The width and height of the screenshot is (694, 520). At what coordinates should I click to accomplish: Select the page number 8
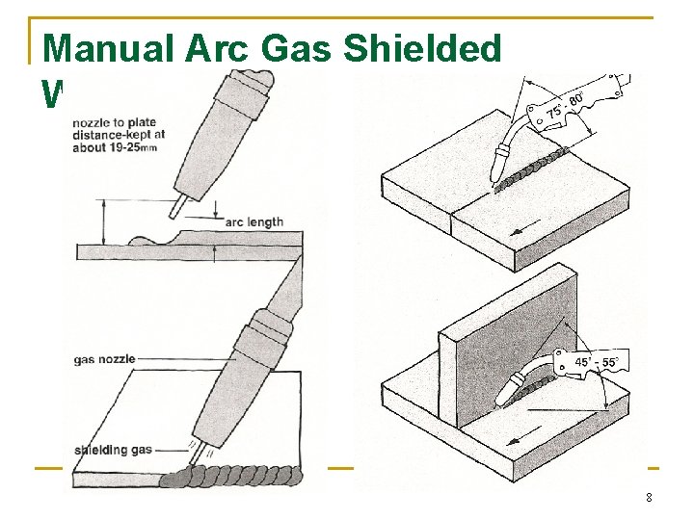tap(649, 498)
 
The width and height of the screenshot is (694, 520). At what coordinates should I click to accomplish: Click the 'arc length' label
tap(254, 221)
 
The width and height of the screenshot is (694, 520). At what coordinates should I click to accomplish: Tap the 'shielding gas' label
tap(114, 450)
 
